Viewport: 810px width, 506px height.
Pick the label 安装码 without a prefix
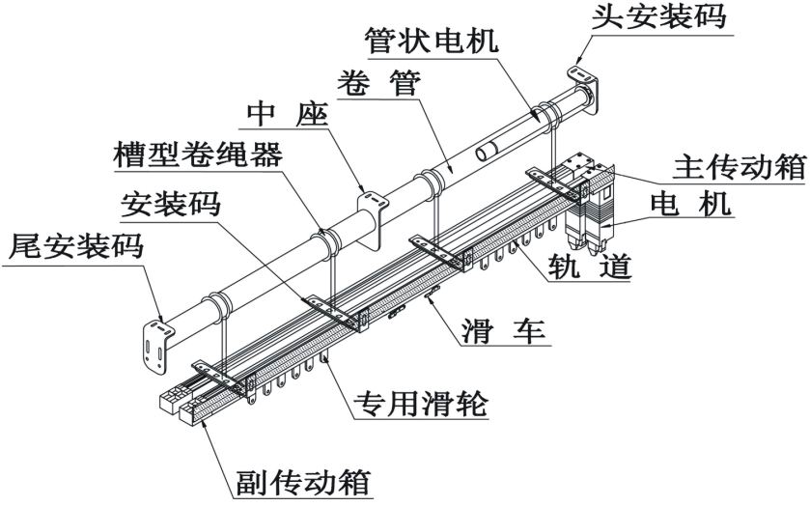click(169, 204)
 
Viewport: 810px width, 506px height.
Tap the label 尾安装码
click(74, 246)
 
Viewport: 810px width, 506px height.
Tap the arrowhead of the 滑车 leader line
click(428, 300)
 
